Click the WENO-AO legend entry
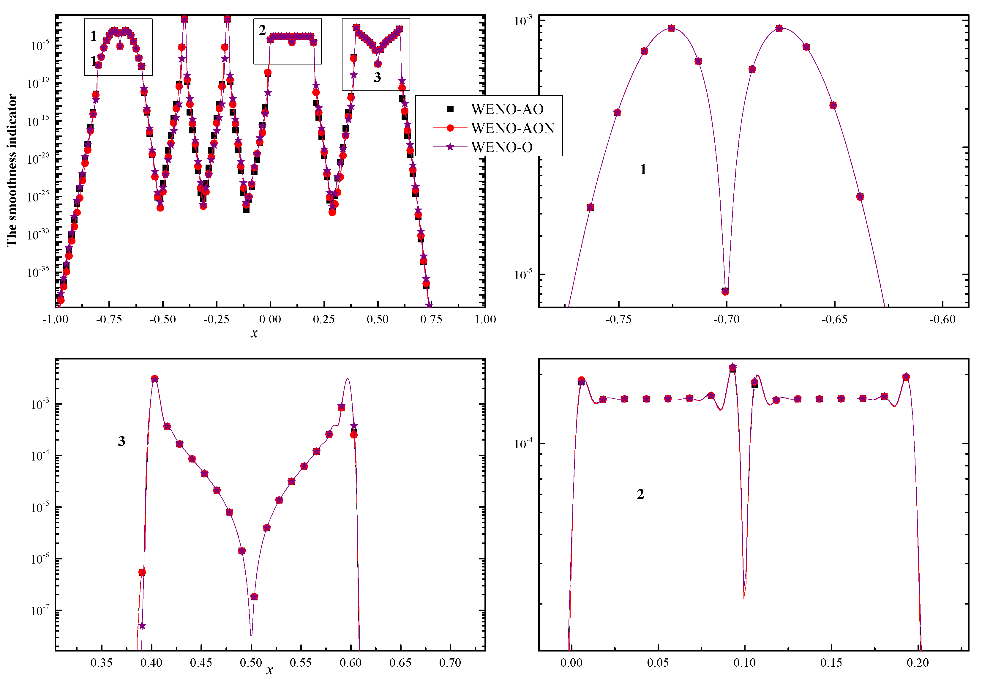click(x=506, y=110)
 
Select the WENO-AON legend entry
click(x=512, y=128)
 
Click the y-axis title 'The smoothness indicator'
click(x=12, y=170)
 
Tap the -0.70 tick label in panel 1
click(x=726, y=319)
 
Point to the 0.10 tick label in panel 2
click(x=744, y=663)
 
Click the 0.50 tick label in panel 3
click(x=251, y=663)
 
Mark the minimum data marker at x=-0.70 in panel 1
click(x=725, y=292)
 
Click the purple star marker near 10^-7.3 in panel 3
click(x=142, y=626)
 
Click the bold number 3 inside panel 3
click(x=121, y=441)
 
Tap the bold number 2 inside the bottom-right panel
click(x=640, y=494)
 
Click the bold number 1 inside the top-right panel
click(x=643, y=169)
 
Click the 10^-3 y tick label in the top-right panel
click(x=523, y=20)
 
